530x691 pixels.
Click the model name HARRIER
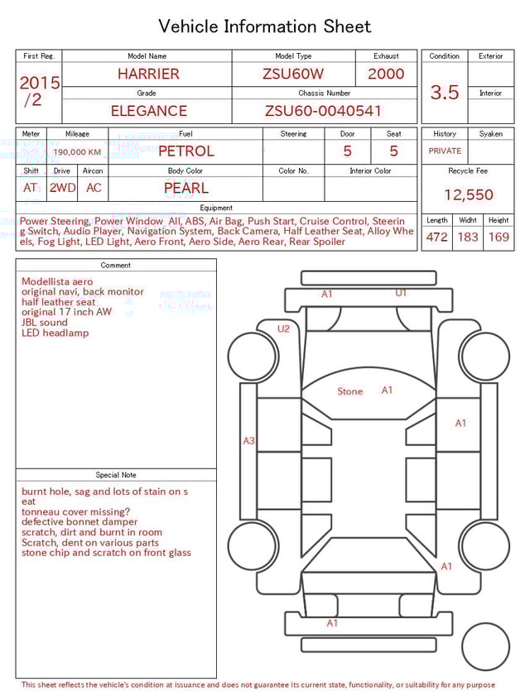click(x=147, y=74)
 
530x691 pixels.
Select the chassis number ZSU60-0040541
click(x=323, y=111)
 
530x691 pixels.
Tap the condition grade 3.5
click(x=444, y=93)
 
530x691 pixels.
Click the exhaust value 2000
click(x=386, y=74)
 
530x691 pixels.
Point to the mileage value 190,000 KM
click(x=77, y=152)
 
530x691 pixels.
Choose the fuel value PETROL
click(x=185, y=151)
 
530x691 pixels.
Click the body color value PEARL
click(x=185, y=188)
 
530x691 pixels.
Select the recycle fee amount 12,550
click(x=468, y=195)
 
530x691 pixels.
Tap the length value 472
click(x=436, y=238)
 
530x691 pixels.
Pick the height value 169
click(x=499, y=238)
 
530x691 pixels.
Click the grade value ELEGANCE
click(x=148, y=111)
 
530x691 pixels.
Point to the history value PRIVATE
click(x=445, y=151)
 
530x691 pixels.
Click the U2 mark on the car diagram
click(x=283, y=329)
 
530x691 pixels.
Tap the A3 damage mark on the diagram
click(x=248, y=441)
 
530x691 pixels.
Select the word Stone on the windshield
click(x=349, y=391)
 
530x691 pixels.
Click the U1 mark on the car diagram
click(x=401, y=293)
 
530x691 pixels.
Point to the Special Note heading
click(x=116, y=475)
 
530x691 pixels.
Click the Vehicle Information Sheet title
click(x=265, y=26)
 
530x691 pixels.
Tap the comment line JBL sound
click(x=45, y=323)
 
